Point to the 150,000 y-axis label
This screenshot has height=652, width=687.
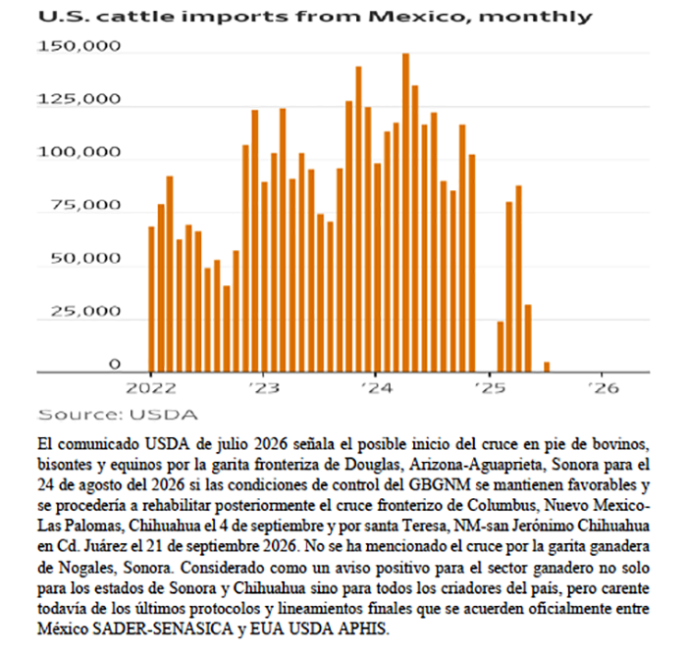click(x=79, y=46)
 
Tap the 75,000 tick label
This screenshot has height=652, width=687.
click(x=85, y=205)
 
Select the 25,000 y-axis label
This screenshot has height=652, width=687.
click(x=85, y=311)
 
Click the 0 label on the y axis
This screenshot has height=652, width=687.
click(x=114, y=364)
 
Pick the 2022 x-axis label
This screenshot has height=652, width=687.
click(x=151, y=388)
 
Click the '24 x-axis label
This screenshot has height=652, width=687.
click(x=376, y=388)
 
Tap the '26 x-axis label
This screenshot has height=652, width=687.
click(x=603, y=388)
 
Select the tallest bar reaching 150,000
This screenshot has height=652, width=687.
click(x=405, y=213)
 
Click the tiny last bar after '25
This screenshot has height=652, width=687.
click(x=547, y=367)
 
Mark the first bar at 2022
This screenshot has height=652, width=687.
click(x=151, y=299)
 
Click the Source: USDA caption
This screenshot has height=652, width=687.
click(x=118, y=415)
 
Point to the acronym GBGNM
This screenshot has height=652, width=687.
click(x=440, y=485)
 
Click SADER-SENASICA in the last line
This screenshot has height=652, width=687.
click(x=163, y=629)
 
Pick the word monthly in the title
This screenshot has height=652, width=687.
click(x=535, y=18)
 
